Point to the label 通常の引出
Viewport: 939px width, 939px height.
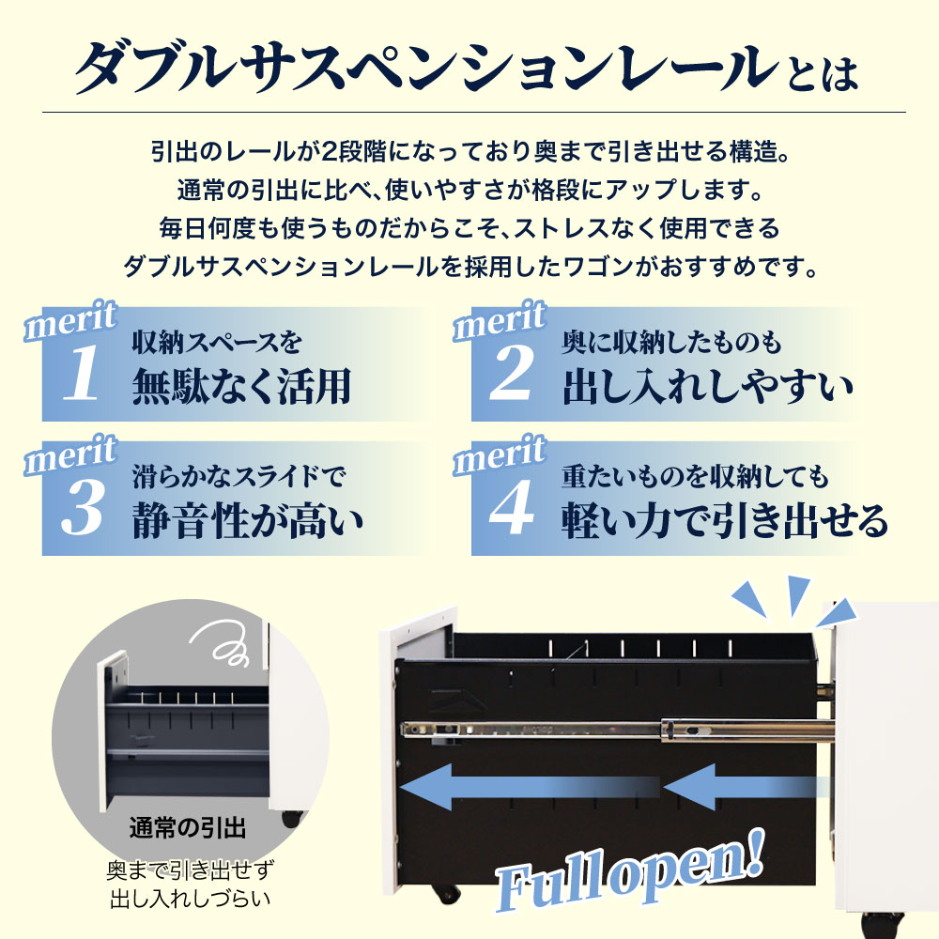pyautogui.click(x=187, y=829)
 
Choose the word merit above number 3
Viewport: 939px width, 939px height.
pyautogui.click(x=69, y=456)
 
